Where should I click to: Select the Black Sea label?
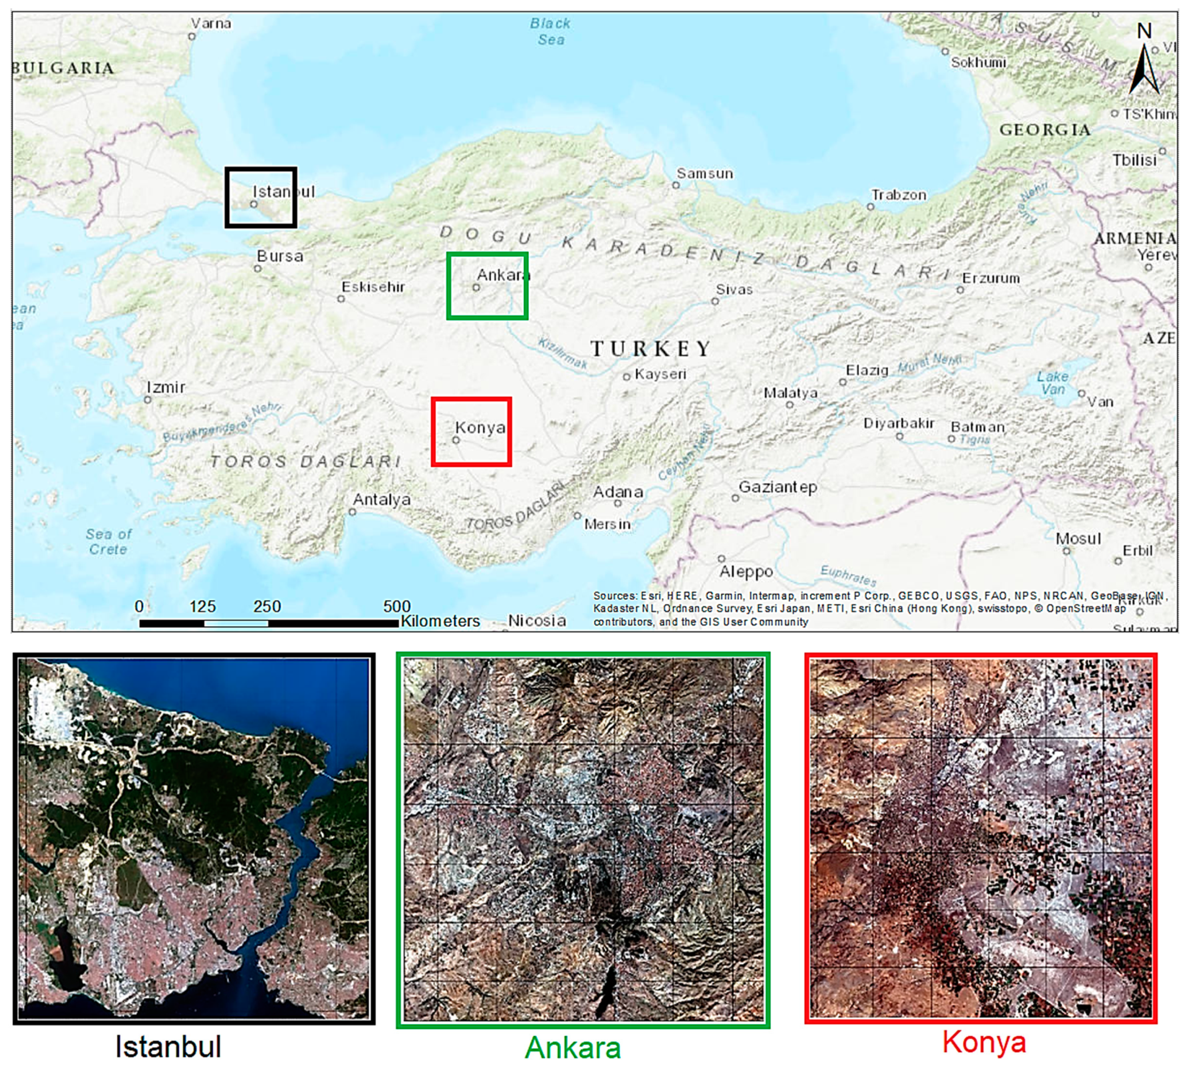click(550, 32)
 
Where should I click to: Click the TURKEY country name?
click(651, 349)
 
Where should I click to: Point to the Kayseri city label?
click(660, 374)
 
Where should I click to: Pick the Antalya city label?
click(382, 500)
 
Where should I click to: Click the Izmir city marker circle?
click(148, 399)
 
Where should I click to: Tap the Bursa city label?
click(280, 256)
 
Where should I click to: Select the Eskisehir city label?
click(373, 287)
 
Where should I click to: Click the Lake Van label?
click(1053, 382)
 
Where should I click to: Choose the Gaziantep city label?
click(778, 487)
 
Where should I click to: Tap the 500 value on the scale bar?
click(397, 606)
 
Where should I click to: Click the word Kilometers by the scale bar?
click(440, 621)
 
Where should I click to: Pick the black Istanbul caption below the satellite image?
click(168, 1046)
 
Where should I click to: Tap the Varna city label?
click(211, 23)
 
